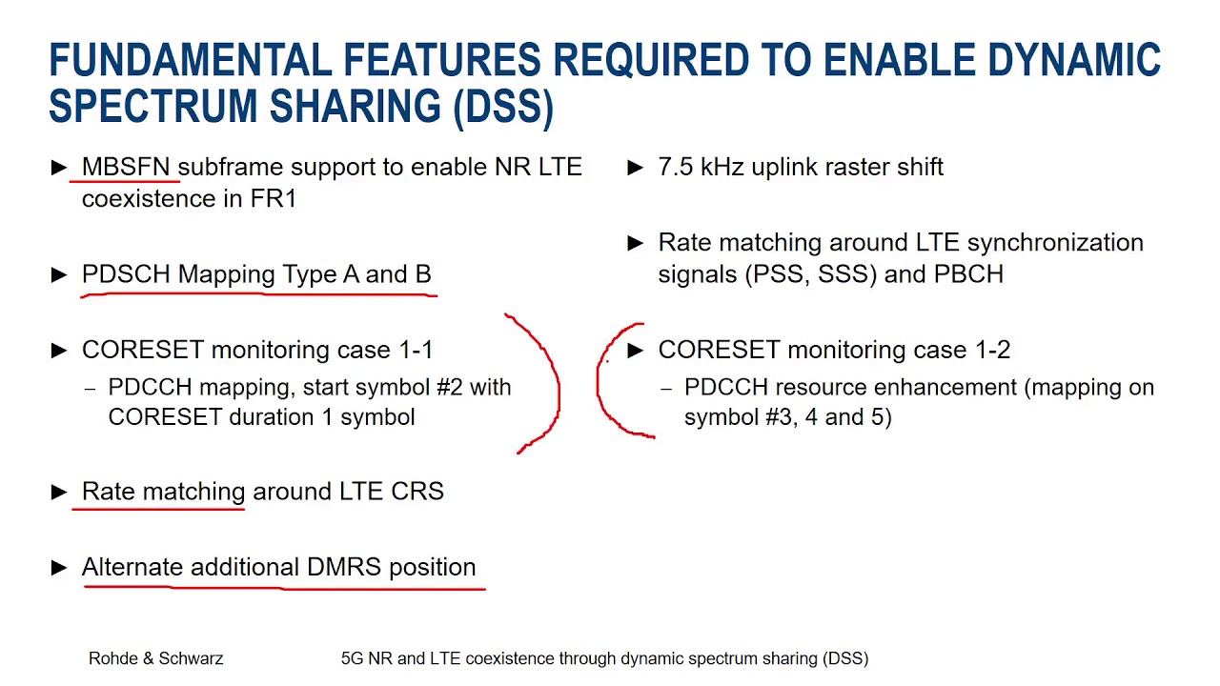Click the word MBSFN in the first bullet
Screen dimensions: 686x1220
[x=127, y=167]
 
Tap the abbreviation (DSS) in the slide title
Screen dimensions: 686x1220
[x=503, y=107]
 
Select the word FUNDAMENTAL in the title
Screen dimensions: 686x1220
[x=191, y=60]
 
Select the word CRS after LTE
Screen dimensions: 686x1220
[x=417, y=492]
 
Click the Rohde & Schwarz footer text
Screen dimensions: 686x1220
[x=156, y=658]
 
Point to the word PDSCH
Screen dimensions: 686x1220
[x=126, y=274]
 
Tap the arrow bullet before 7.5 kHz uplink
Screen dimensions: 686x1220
[x=636, y=168]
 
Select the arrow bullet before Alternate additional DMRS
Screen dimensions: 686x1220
[x=59, y=568]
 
